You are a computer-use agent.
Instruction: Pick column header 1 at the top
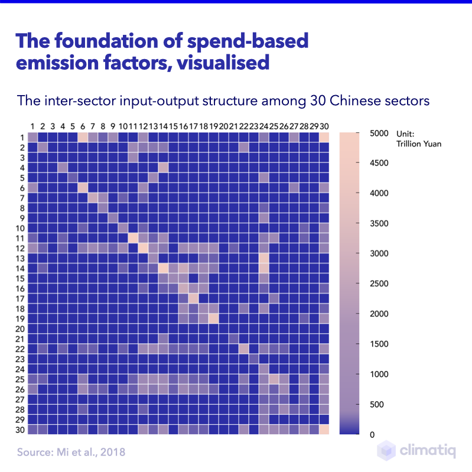(x=33, y=126)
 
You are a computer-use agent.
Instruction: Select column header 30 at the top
(x=324, y=126)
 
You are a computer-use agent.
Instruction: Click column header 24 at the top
(x=263, y=126)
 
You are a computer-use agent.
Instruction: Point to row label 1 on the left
(x=21, y=137)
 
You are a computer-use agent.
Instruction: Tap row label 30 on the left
(x=19, y=429)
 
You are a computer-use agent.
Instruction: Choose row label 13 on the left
(x=19, y=258)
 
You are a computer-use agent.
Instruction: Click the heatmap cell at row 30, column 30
(x=324, y=429)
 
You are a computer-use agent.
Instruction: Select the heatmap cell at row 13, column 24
(x=263, y=258)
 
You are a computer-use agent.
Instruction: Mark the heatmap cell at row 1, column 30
(x=324, y=137)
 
